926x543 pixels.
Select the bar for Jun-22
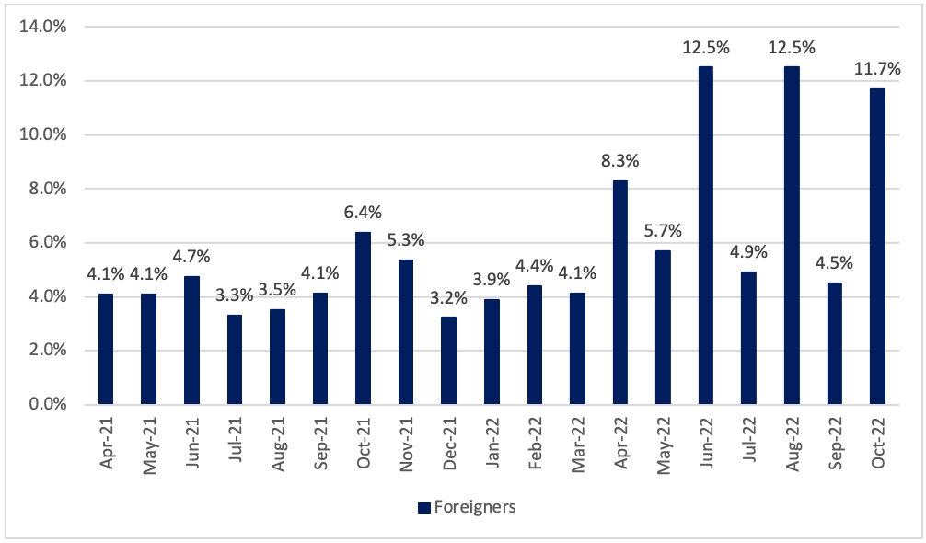tap(706, 236)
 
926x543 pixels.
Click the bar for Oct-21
tap(364, 318)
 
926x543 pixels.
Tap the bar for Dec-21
tap(449, 361)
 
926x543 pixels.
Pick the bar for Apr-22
tap(620, 293)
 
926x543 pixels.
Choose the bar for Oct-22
tap(877, 247)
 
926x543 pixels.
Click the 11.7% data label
tap(877, 70)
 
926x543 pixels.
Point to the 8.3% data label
tap(620, 160)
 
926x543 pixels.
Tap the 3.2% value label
tap(449, 298)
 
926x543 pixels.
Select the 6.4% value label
tap(364, 212)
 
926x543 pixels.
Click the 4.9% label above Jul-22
tap(748, 252)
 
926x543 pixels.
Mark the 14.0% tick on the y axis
tap(43, 27)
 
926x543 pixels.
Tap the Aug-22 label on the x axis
tap(792, 444)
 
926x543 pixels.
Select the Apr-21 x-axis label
tap(106, 443)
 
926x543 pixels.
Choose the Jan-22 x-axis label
tap(492, 443)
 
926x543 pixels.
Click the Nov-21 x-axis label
tap(406, 444)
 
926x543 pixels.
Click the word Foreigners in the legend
tap(475, 507)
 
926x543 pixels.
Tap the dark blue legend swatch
tap(424, 508)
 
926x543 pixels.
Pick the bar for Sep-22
tap(835, 343)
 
